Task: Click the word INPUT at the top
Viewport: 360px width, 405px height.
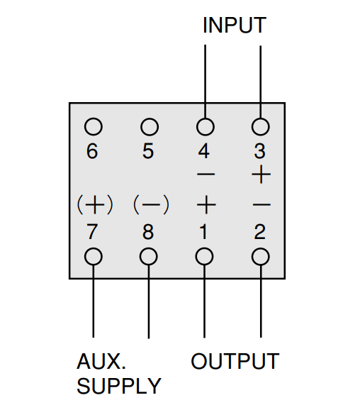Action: [235, 25]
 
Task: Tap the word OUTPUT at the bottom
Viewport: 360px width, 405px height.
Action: [235, 361]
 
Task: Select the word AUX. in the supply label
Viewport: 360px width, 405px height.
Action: [101, 361]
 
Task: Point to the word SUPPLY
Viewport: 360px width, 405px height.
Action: [119, 386]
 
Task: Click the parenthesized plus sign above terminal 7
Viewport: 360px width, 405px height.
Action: [95, 205]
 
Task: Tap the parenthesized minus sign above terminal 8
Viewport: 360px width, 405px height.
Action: [151, 205]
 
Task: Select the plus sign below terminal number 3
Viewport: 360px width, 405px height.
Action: [261, 174]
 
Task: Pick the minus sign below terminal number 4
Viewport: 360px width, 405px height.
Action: [206, 174]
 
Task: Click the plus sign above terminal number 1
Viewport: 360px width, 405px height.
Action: [206, 205]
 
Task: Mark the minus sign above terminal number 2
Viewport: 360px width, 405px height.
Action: [261, 205]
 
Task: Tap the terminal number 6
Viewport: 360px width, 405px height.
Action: [92, 151]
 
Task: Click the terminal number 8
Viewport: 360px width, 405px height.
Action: [148, 232]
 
